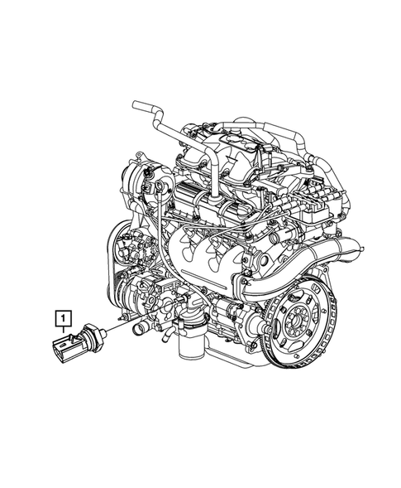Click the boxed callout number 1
tap(60, 316)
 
